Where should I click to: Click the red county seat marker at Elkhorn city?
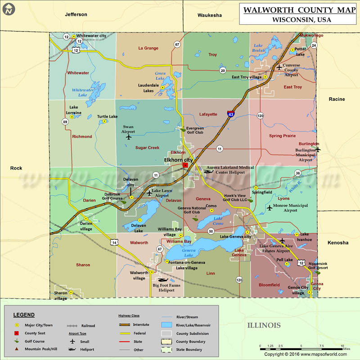[185, 166]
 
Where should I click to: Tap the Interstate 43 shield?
[230, 114]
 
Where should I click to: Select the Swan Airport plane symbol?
[129, 137]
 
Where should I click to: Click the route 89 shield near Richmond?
[65, 122]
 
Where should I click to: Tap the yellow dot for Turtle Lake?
[104, 121]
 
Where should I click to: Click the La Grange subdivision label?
[148, 48]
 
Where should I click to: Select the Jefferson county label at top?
[76, 14]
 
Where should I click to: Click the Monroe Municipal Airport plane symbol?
[270, 207]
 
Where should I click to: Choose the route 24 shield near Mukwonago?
[314, 45]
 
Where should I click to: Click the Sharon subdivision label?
[83, 265]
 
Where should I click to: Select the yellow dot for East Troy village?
[265, 77]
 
